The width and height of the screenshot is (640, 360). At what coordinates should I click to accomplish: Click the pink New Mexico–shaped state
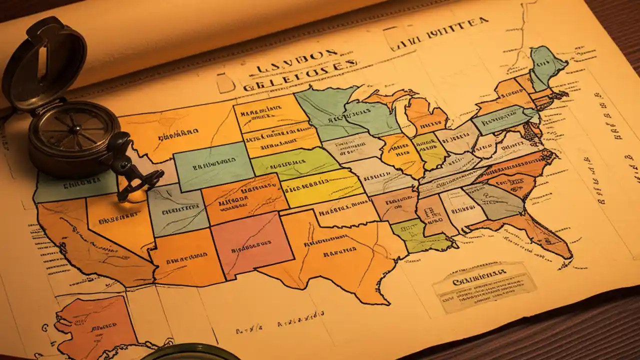coord(252,244)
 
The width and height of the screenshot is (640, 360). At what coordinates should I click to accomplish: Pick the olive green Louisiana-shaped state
coord(420,235)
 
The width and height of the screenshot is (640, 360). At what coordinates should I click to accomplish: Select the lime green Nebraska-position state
coord(295,162)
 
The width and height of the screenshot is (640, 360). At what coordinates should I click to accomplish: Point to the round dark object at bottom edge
coord(190,352)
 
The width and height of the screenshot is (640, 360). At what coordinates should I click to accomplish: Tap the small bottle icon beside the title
coord(225,82)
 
